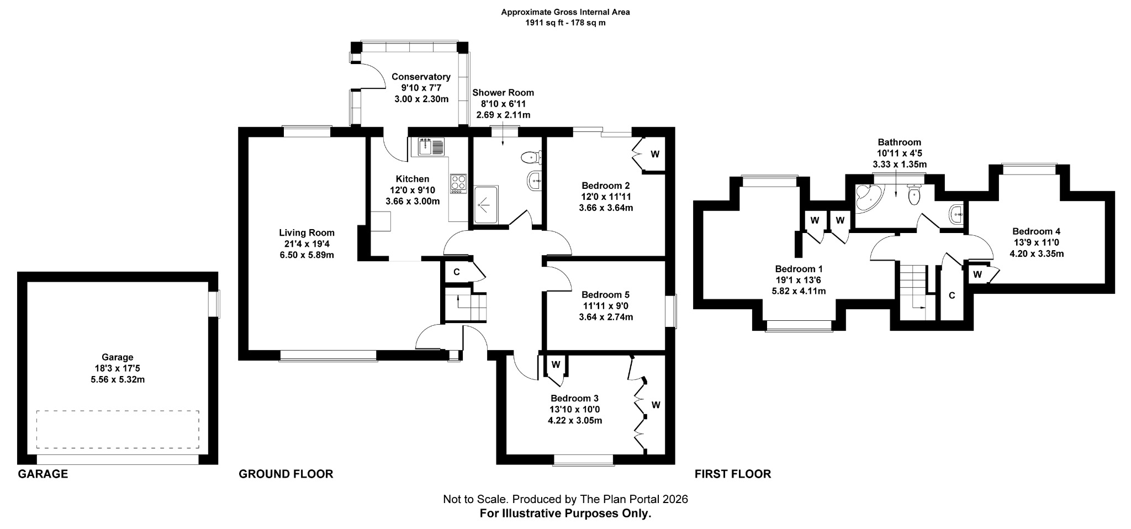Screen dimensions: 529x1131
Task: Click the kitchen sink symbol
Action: tap(431, 147)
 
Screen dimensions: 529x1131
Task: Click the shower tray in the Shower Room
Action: tap(486, 205)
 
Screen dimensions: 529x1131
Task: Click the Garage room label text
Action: tap(117, 357)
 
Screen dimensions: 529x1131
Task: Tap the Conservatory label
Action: tap(421, 77)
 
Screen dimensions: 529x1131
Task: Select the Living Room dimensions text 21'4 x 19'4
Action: tap(306, 244)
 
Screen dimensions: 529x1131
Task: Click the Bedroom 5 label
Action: tap(605, 295)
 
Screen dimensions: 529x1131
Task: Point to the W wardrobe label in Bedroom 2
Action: tap(655, 154)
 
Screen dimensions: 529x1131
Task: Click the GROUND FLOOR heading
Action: tap(286, 474)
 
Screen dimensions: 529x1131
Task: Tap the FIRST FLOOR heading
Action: tap(732, 474)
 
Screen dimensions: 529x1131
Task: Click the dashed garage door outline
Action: tap(118, 429)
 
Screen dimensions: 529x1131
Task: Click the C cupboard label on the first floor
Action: tap(952, 295)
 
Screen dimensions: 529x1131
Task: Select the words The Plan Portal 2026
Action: tap(633, 499)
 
